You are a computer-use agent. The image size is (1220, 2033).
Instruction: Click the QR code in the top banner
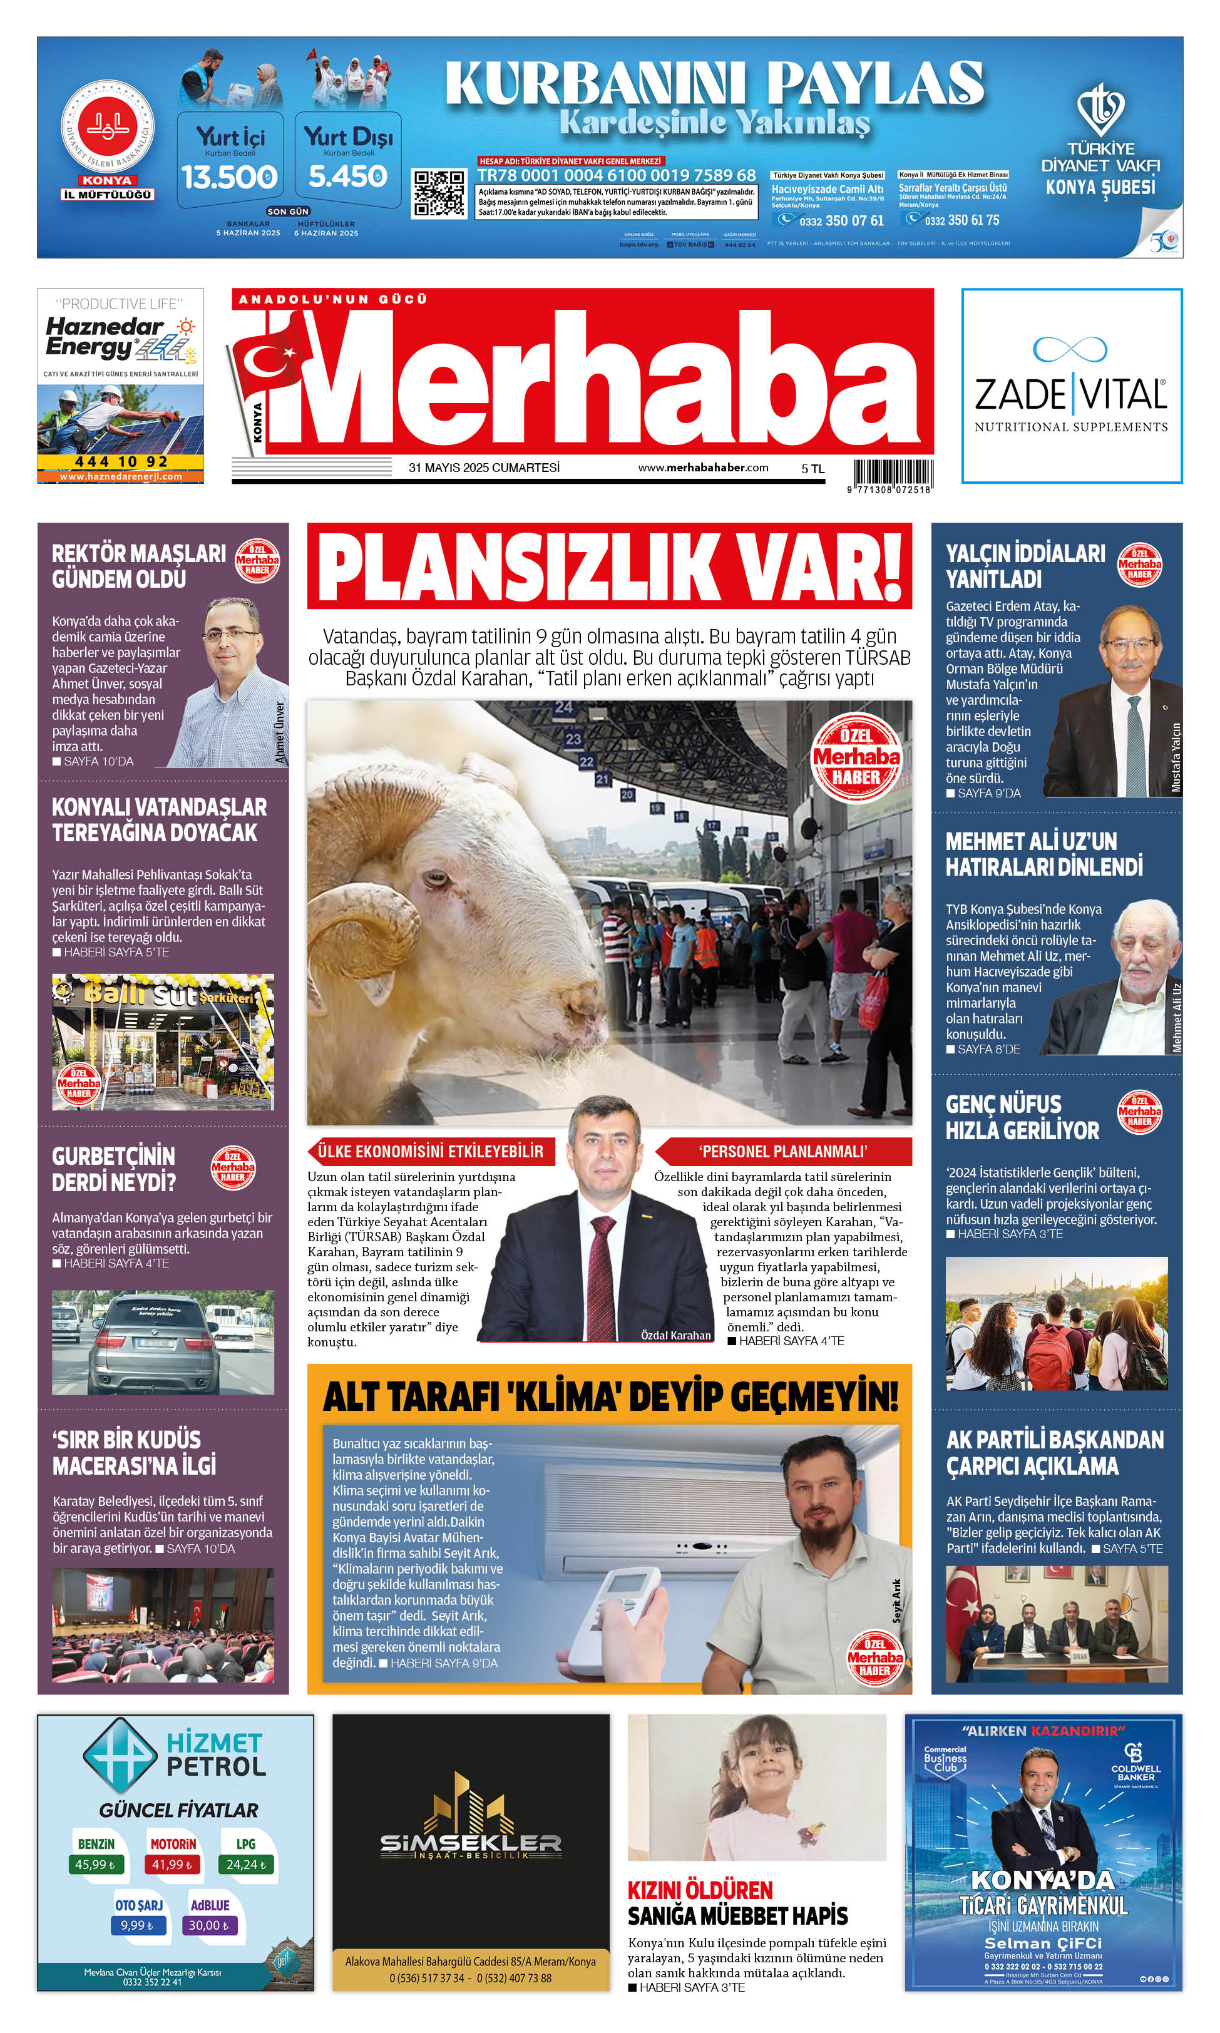438,193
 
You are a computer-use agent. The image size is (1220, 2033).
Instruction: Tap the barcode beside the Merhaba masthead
892,473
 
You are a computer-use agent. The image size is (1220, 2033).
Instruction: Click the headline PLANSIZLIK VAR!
609,567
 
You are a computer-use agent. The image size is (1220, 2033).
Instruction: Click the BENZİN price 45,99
95,1865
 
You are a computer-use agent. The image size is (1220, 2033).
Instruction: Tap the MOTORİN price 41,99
172,1865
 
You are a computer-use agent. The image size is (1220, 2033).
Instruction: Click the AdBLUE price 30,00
209,1925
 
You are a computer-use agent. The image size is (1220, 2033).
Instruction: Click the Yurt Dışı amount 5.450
348,177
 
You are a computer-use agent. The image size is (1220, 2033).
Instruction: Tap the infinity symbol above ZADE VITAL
1070,349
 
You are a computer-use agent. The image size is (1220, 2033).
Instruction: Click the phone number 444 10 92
121,462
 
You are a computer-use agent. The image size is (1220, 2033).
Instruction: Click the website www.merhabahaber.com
703,468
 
